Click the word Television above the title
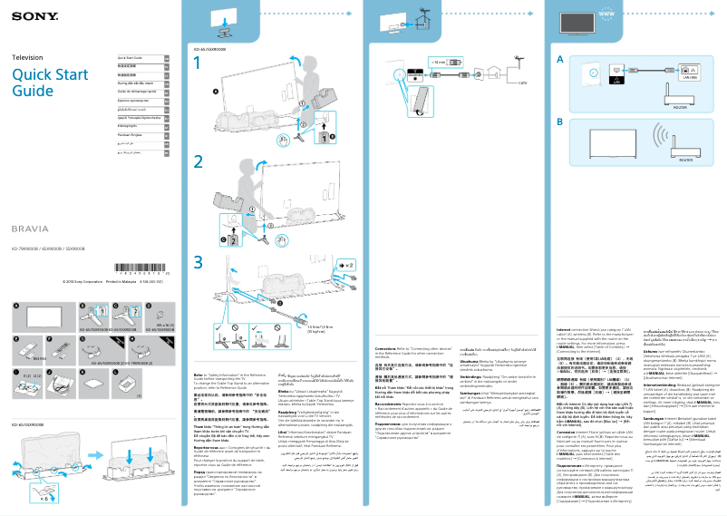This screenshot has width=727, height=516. [27, 57]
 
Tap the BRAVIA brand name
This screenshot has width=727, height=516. [30, 229]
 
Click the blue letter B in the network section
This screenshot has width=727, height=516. [560, 121]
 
